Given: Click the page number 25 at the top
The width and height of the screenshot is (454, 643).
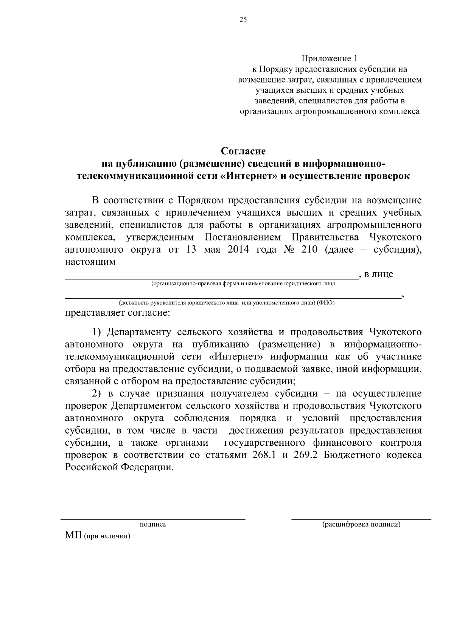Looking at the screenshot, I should pyautogui.click(x=243, y=20).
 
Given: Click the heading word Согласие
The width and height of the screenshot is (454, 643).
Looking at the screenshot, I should pyautogui.click(x=243, y=151).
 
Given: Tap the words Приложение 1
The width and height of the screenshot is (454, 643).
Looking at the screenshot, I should pyautogui.click(x=329, y=59).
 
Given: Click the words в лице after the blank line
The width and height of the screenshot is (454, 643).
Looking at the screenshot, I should pyautogui.click(x=379, y=274).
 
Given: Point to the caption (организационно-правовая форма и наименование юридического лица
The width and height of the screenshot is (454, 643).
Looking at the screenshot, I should pyautogui.click(x=243, y=283).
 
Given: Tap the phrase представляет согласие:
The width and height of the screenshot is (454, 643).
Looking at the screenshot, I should pyautogui.click(x=118, y=313).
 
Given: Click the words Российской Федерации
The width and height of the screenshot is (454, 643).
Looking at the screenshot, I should pyautogui.click(x=120, y=467).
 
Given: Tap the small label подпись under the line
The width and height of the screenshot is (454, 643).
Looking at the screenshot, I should pyautogui.click(x=153, y=524).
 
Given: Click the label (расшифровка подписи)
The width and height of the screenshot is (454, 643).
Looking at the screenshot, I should pyautogui.click(x=361, y=524).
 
